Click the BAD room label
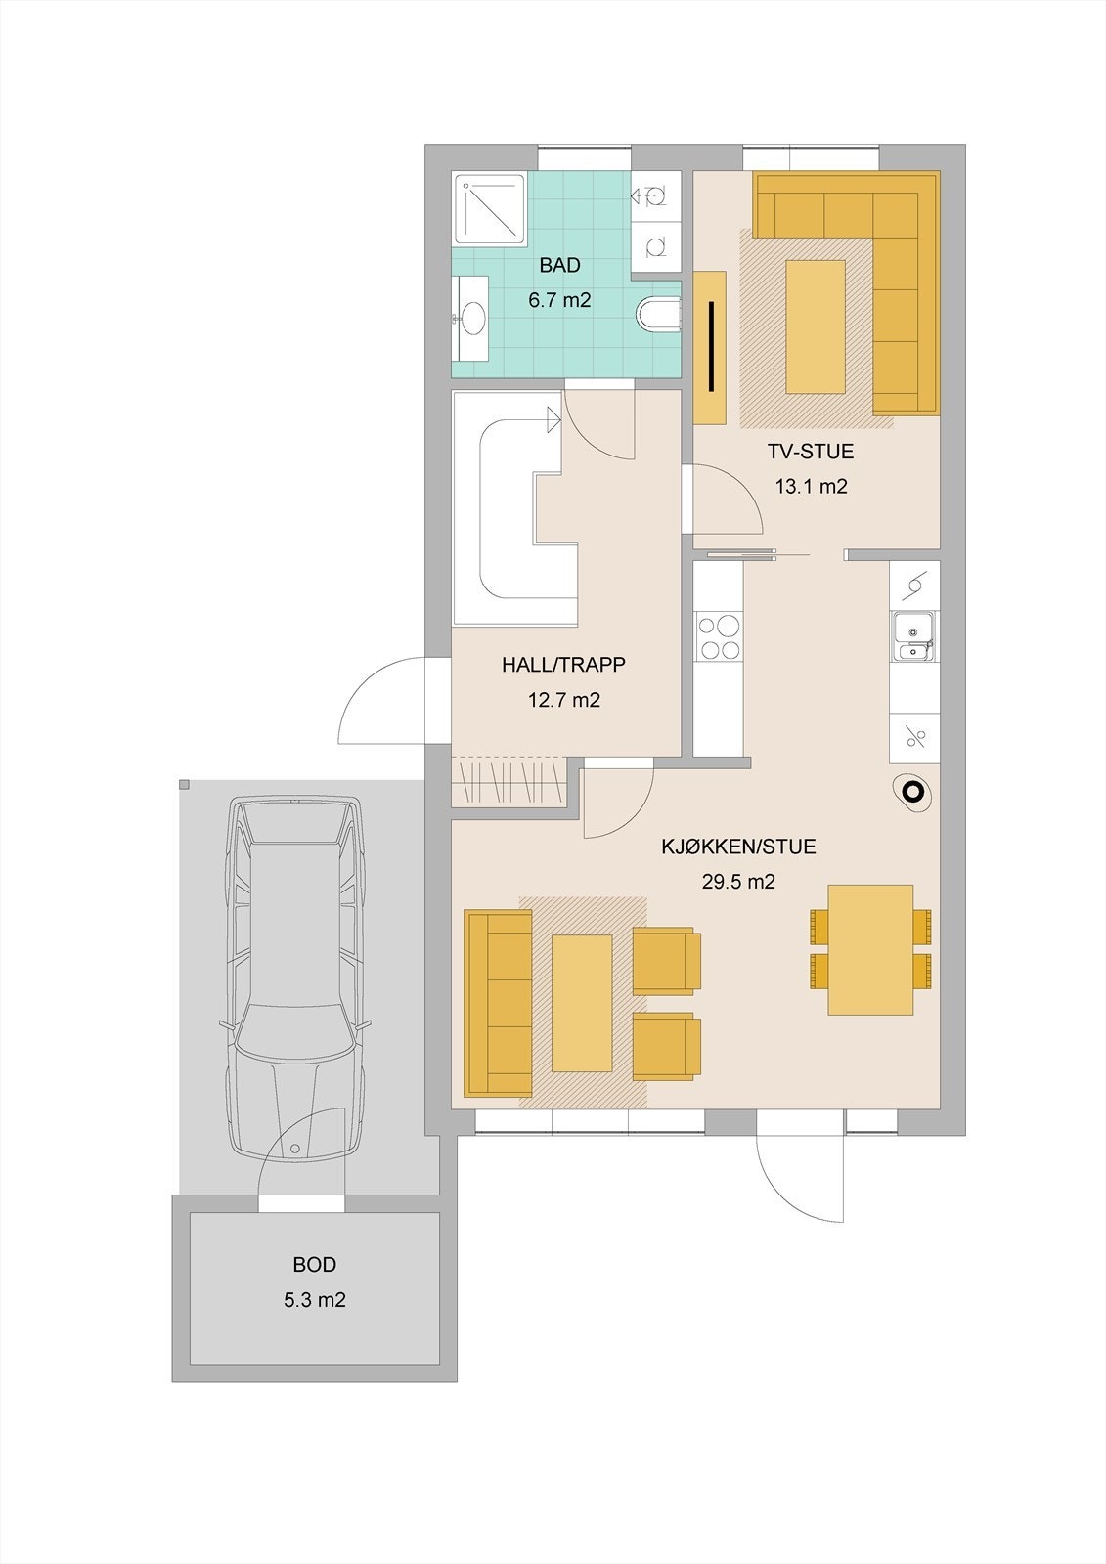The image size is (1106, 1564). pos(560,265)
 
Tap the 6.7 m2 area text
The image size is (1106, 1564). pos(559,300)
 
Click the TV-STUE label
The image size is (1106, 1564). pos(811,451)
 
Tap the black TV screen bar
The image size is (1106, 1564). pos(711,346)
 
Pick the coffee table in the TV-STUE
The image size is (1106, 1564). pos(816,326)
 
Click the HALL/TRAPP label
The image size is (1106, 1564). pos(564,664)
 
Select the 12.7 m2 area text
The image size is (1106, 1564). pos(564,700)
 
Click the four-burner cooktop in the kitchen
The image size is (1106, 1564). pos(719,635)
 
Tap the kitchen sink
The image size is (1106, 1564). pos(913,635)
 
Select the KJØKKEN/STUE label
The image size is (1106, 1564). pos(738,847)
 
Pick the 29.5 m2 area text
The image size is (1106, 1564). pos(738,882)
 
